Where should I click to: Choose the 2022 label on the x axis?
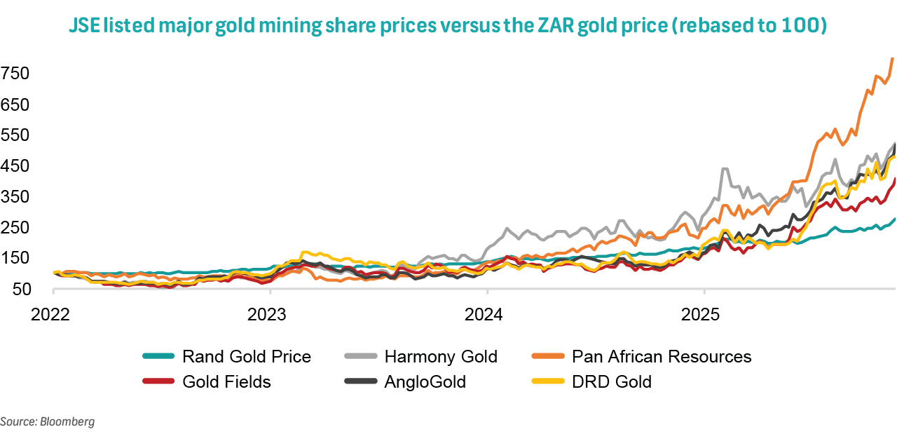tap(50, 313)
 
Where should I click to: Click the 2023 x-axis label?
tap(268, 313)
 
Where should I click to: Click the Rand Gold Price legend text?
tap(246, 356)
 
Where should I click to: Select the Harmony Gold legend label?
tap(441, 356)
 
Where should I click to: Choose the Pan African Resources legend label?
tap(662, 356)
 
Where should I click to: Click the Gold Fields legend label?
tap(226, 381)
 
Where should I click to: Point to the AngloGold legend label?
tap(425, 381)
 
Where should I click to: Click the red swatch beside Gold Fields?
tap(158, 381)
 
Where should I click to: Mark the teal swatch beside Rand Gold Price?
tap(158, 356)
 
